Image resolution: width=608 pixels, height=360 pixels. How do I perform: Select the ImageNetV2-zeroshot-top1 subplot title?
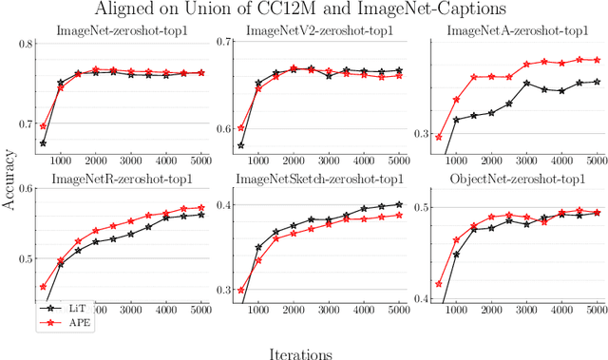pyautogui.click(x=318, y=32)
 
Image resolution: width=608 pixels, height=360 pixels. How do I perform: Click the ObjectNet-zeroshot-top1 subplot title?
pyautogui.click(x=514, y=178)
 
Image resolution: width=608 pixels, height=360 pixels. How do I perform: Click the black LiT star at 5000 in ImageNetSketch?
pyautogui.click(x=399, y=204)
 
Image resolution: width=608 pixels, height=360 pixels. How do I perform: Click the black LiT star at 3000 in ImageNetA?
pyautogui.click(x=526, y=84)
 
